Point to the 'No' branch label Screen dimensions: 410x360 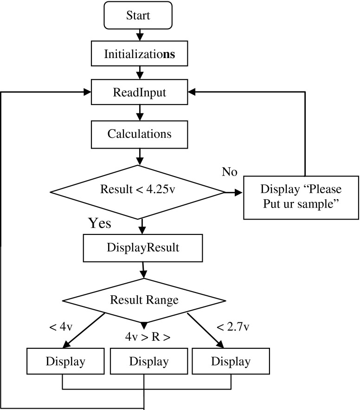tap(230, 173)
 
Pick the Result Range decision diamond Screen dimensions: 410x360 tap(144, 300)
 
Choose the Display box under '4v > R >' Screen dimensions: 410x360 tap(144, 361)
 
